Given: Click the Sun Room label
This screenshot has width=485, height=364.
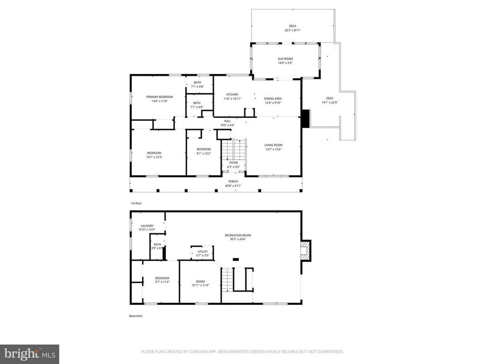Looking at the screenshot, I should pyautogui.click(x=285, y=59).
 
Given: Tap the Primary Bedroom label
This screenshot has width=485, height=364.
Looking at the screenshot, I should pyautogui.click(x=159, y=97).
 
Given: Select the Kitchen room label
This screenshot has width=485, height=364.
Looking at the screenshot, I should pyautogui.click(x=232, y=94).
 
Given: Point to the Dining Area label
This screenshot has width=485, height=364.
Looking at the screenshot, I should pyautogui.click(x=273, y=99).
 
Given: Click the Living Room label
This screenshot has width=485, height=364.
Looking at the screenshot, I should pyautogui.click(x=273, y=145).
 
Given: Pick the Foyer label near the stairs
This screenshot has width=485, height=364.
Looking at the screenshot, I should pyautogui.click(x=234, y=163).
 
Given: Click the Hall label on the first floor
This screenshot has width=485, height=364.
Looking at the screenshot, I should pyautogui.click(x=227, y=121).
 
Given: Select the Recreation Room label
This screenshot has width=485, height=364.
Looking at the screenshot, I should pyautogui.click(x=238, y=235).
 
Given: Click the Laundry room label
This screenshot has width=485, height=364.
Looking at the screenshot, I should pyautogui.click(x=147, y=226).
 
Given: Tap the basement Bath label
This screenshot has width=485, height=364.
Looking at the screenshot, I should pyautogui.click(x=157, y=245).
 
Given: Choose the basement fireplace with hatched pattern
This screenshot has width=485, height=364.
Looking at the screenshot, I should pyautogui.click(x=306, y=250).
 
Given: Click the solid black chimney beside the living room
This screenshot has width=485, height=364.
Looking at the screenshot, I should pyautogui.click(x=305, y=118).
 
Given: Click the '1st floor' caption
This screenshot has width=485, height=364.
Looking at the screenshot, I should pyautogui.click(x=136, y=203).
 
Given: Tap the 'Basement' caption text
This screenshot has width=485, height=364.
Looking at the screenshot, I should pyautogui.click(x=135, y=316).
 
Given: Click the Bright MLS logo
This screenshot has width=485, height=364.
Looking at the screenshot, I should pyautogui.click(x=29, y=354).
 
